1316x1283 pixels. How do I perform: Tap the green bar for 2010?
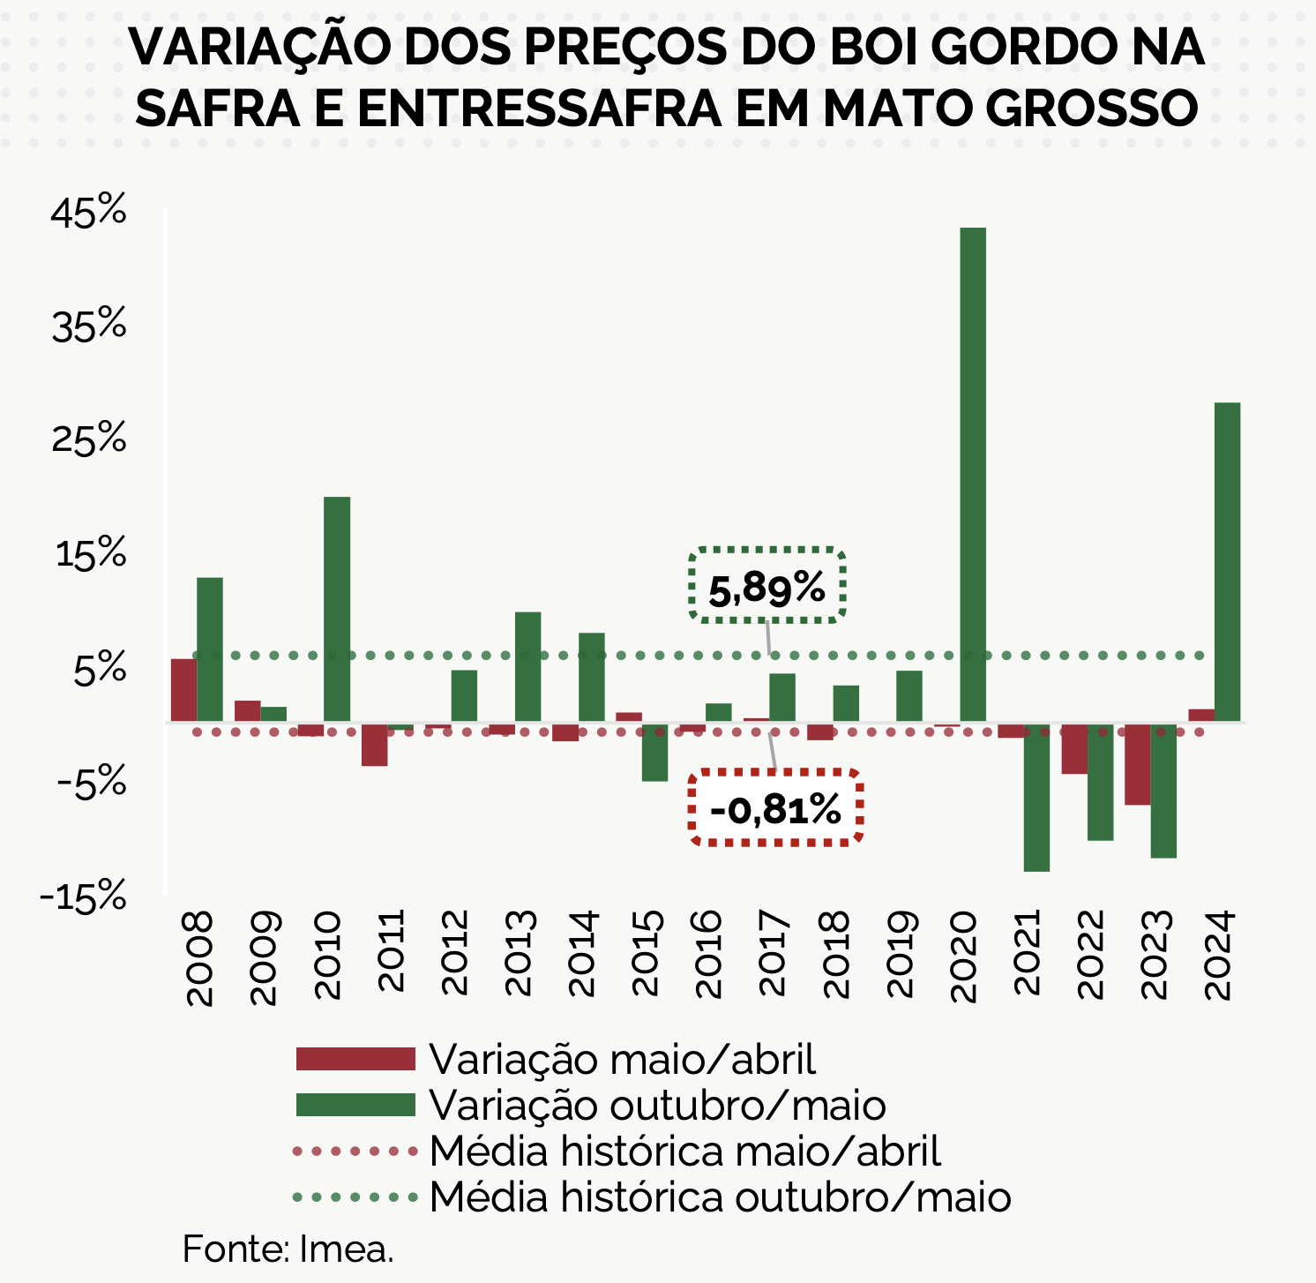click(x=337, y=609)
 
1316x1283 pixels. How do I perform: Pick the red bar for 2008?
click(x=183, y=690)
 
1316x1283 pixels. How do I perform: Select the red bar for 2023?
click(x=1137, y=764)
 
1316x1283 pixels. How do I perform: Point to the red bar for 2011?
click(x=374, y=745)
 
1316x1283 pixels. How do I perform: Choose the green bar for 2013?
click(x=527, y=666)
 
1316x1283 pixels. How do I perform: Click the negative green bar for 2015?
click(x=654, y=752)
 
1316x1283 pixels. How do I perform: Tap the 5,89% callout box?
click(x=766, y=586)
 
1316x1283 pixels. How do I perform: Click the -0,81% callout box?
click(x=774, y=808)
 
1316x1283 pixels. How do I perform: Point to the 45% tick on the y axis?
click(x=89, y=213)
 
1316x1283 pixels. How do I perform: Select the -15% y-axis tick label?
click(x=84, y=897)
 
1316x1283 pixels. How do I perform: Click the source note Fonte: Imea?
click(x=288, y=1249)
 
